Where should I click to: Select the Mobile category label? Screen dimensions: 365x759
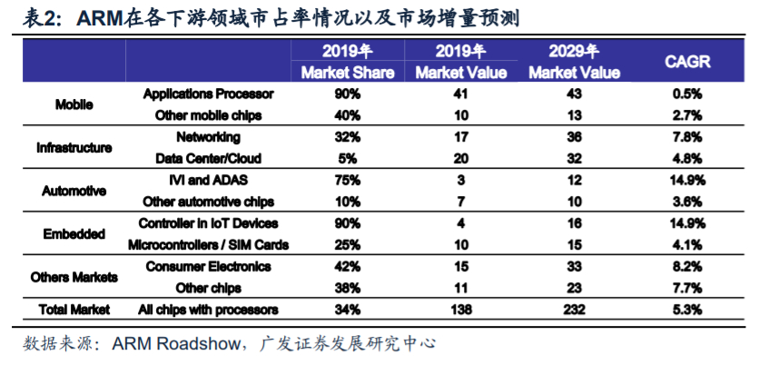click(x=74, y=104)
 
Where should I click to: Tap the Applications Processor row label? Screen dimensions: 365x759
click(x=209, y=94)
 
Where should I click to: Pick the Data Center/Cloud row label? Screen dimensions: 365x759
click(x=209, y=158)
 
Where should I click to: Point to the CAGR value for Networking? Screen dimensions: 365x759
click(x=687, y=137)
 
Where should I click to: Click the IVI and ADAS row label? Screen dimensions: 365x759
click(x=209, y=180)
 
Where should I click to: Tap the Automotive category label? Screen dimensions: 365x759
click(x=74, y=191)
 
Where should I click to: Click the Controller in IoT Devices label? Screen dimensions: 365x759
click(x=209, y=223)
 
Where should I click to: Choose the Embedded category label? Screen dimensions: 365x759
click(x=74, y=234)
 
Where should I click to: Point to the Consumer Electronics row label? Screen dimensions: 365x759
click(x=209, y=267)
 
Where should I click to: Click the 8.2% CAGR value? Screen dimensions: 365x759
click(x=687, y=267)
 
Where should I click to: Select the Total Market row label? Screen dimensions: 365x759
click(x=74, y=310)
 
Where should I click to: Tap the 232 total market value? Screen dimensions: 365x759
click(x=574, y=310)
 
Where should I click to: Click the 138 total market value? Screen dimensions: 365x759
click(x=460, y=310)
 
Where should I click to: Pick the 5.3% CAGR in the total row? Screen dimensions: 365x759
click(x=687, y=310)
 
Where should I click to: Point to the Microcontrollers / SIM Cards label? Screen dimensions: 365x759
click(x=209, y=245)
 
